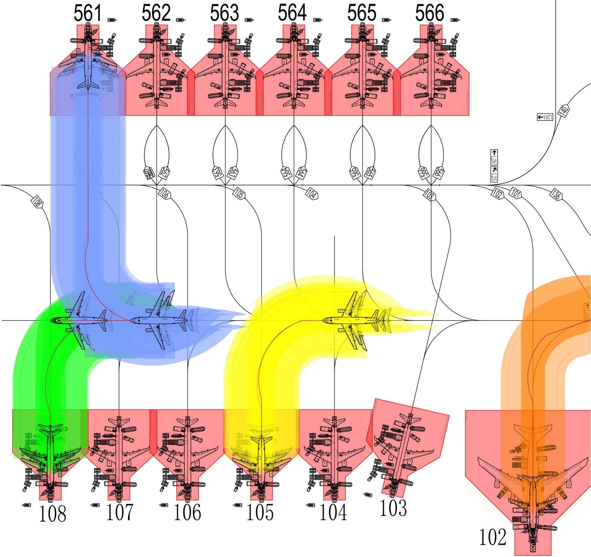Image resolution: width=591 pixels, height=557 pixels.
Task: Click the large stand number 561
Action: tap(88, 13)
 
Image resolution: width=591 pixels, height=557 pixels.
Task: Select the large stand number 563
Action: tap(224, 13)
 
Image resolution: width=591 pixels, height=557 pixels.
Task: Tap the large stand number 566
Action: tap(429, 13)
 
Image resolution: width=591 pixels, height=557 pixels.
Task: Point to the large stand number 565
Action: tap(361, 13)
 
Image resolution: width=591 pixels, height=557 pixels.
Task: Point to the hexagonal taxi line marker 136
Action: tap(555, 195)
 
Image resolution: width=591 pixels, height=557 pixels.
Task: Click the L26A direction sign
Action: tap(545, 117)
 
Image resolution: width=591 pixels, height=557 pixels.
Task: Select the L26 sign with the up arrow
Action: tap(494, 157)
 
